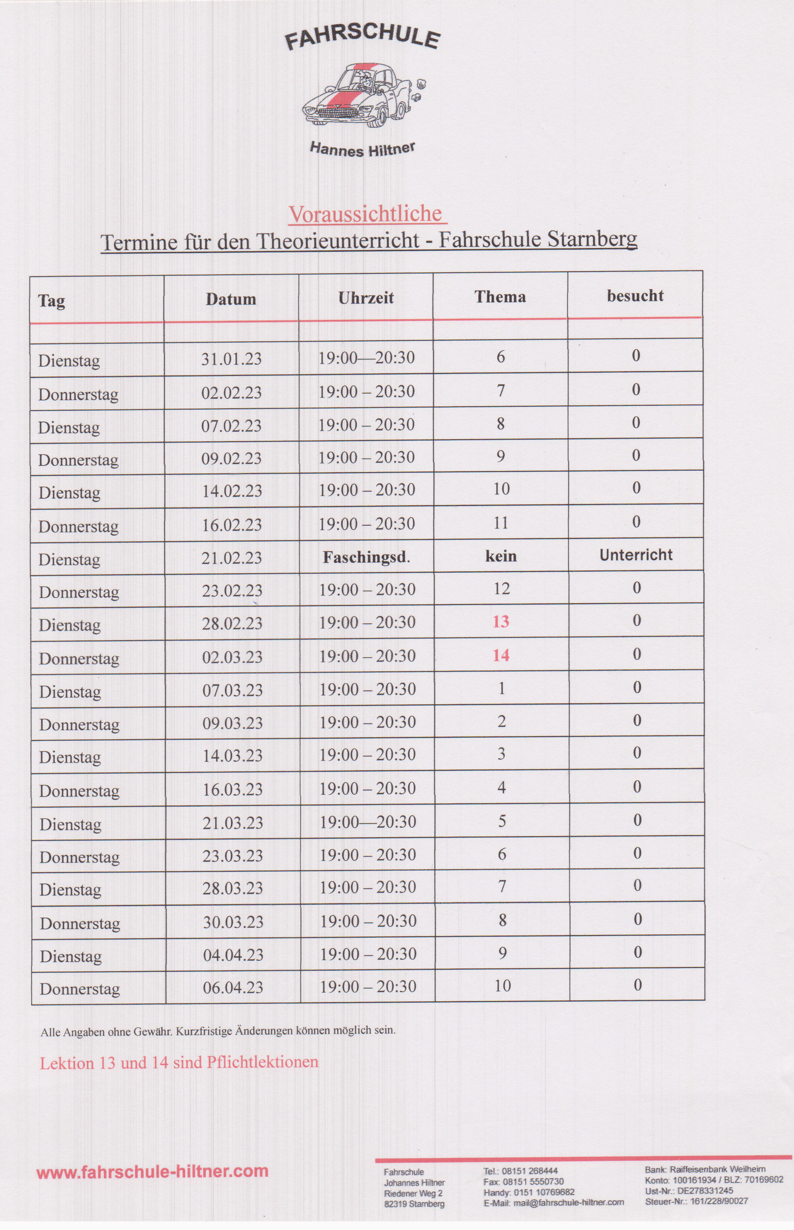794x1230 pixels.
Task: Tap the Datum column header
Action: tap(231, 299)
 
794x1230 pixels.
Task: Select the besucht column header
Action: tap(635, 296)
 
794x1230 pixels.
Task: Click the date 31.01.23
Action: tap(231, 359)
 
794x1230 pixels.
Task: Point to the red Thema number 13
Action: tap(500, 622)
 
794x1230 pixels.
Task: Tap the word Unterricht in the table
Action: tap(636, 555)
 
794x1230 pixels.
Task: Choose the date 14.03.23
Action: tap(232, 756)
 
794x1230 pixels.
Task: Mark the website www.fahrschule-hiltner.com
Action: tap(153, 1172)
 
